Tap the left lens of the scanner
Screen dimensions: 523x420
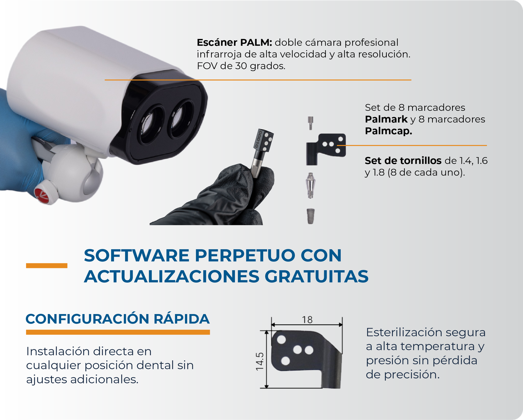click(x=151, y=124)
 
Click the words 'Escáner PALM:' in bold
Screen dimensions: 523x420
click(x=234, y=42)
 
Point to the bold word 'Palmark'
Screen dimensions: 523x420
click(x=386, y=119)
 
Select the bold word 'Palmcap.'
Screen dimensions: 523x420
click(x=388, y=131)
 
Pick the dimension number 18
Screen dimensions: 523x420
click(x=307, y=320)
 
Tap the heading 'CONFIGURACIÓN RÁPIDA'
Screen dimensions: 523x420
click(x=118, y=319)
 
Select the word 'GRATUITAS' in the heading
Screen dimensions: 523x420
click(x=316, y=277)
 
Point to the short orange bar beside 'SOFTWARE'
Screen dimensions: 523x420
click(x=47, y=266)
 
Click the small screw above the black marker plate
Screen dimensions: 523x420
click(x=310, y=123)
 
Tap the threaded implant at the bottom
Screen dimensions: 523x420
click(x=310, y=216)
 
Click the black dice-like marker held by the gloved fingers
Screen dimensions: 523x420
click(x=263, y=141)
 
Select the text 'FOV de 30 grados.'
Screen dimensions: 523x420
click(x=241, y=66)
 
